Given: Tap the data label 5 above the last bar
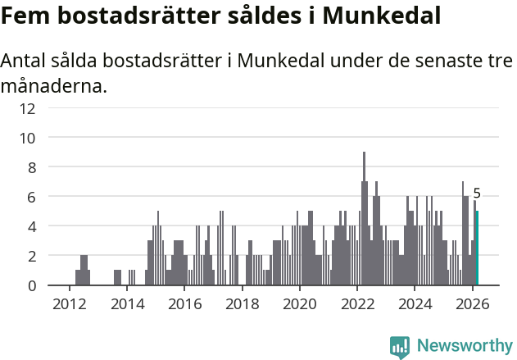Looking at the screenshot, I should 477,194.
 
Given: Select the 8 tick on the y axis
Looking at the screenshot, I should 31,167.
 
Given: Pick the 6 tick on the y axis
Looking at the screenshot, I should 31,197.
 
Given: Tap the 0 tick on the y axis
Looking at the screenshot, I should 31,285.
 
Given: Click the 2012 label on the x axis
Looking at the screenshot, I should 69,303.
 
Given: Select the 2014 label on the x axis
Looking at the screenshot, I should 126,303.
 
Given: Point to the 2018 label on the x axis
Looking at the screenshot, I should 242,303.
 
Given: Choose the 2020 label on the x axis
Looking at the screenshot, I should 299,303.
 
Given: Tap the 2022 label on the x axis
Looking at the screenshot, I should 357,303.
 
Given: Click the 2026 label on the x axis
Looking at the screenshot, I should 472,303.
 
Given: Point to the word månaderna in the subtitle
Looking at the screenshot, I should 54,85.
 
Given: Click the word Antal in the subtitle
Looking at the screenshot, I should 24,62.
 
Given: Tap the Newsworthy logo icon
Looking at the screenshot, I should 400,346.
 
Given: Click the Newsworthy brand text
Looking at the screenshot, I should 464,346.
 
